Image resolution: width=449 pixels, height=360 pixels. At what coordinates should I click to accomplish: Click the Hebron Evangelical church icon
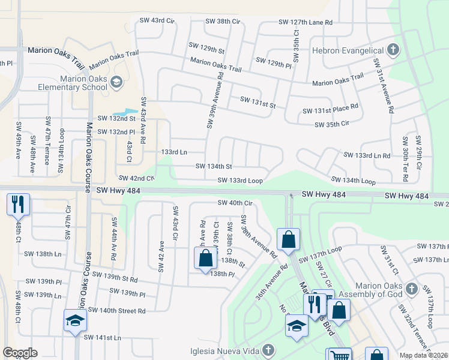coord(393,49)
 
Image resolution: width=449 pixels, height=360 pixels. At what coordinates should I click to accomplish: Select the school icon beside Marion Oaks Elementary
coord(116,81)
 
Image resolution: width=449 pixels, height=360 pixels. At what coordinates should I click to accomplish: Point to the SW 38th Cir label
coord(223,21)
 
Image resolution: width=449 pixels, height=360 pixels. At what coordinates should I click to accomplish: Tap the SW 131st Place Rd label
coord(330,110)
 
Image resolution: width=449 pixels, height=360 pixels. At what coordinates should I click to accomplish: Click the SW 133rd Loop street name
coord(240,180)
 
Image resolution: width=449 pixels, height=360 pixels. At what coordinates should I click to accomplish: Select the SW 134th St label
coord(214,166)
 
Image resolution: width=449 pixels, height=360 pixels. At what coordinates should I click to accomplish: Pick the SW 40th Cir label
coord(234,203)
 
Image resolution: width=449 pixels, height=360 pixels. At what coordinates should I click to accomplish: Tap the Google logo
coord(20,353)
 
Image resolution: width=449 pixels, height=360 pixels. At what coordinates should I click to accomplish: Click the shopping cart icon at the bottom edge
coord(339,355)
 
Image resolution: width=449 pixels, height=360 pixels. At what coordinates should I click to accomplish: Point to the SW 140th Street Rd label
coord(116,310)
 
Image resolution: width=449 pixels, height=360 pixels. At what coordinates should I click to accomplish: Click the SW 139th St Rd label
coord(111,278)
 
